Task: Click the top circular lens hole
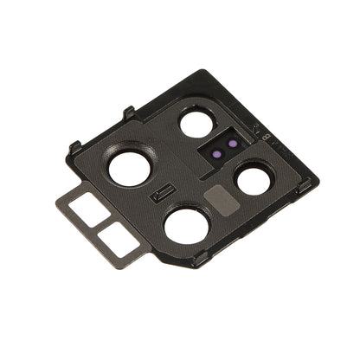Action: (x=197, y=123)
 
